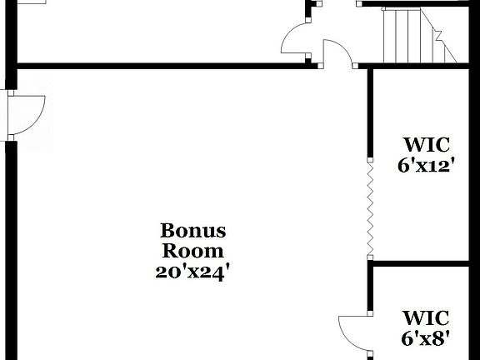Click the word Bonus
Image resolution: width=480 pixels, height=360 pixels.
pos(192,231)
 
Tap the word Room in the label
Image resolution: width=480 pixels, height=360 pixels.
pos(192,250)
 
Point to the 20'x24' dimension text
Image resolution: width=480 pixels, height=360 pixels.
pos(192,270)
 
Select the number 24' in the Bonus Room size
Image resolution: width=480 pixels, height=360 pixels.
pos(211,270)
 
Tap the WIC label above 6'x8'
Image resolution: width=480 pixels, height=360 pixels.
pos(426,317)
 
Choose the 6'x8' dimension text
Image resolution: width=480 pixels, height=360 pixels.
pos(426,337)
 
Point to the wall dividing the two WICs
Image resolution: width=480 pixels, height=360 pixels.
pos(425,263)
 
